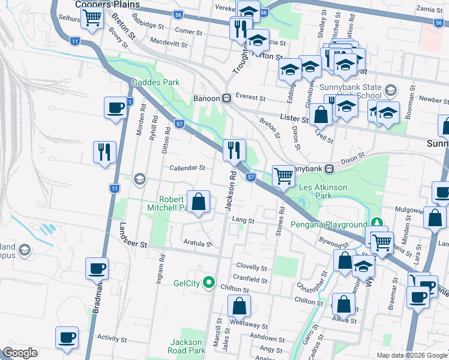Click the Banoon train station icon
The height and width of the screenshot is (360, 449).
(227, 98)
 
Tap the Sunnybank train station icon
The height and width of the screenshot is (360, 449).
(330, 169)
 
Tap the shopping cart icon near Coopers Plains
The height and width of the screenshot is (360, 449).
(92, 18)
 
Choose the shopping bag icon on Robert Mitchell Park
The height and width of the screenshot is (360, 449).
(199, 202)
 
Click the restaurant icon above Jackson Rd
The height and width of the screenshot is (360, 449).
(234, 149)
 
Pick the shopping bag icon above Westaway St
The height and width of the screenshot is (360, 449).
(239, 306)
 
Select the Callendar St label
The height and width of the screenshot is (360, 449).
(187, 168)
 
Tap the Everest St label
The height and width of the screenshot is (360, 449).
(250, 97)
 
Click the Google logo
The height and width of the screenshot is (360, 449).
(20, 353)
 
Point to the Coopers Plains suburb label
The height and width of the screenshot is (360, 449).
(107, 4)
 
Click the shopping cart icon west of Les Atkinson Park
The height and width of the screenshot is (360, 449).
(283, 176)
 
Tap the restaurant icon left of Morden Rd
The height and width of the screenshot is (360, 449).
(104, 152)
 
